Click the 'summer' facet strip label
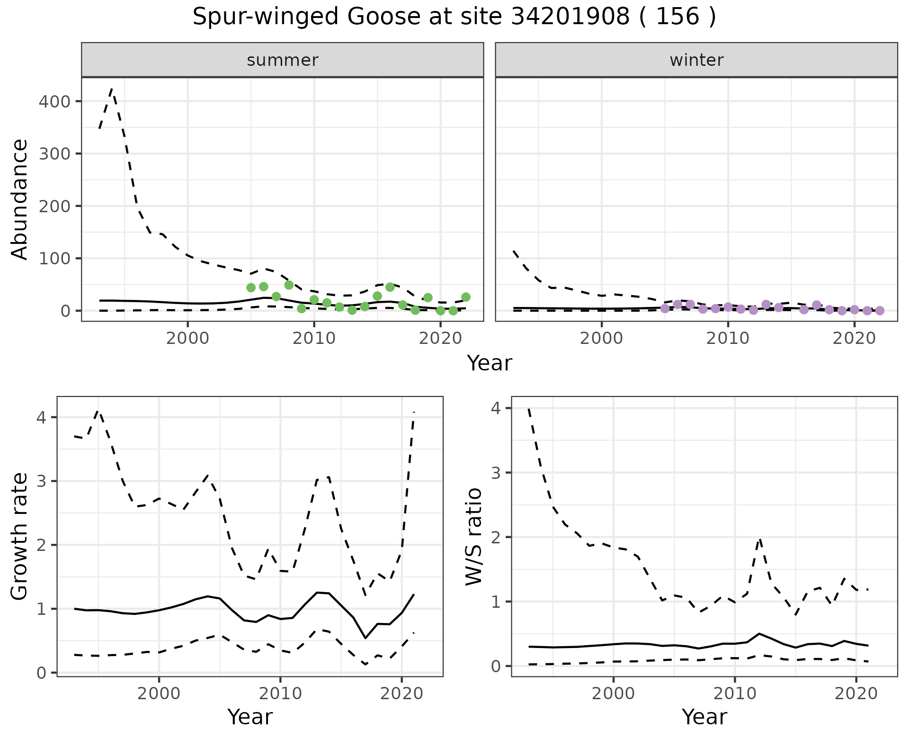283,60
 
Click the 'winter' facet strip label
696,60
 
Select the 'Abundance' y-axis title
20,199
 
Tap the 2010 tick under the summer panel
314,339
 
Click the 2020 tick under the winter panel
855,339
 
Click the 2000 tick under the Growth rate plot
159,694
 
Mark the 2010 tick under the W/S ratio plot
734,694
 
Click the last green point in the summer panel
466,297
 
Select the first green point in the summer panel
251,288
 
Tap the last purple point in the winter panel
880,311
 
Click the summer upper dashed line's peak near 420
112,89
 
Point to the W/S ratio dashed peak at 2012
759,539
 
